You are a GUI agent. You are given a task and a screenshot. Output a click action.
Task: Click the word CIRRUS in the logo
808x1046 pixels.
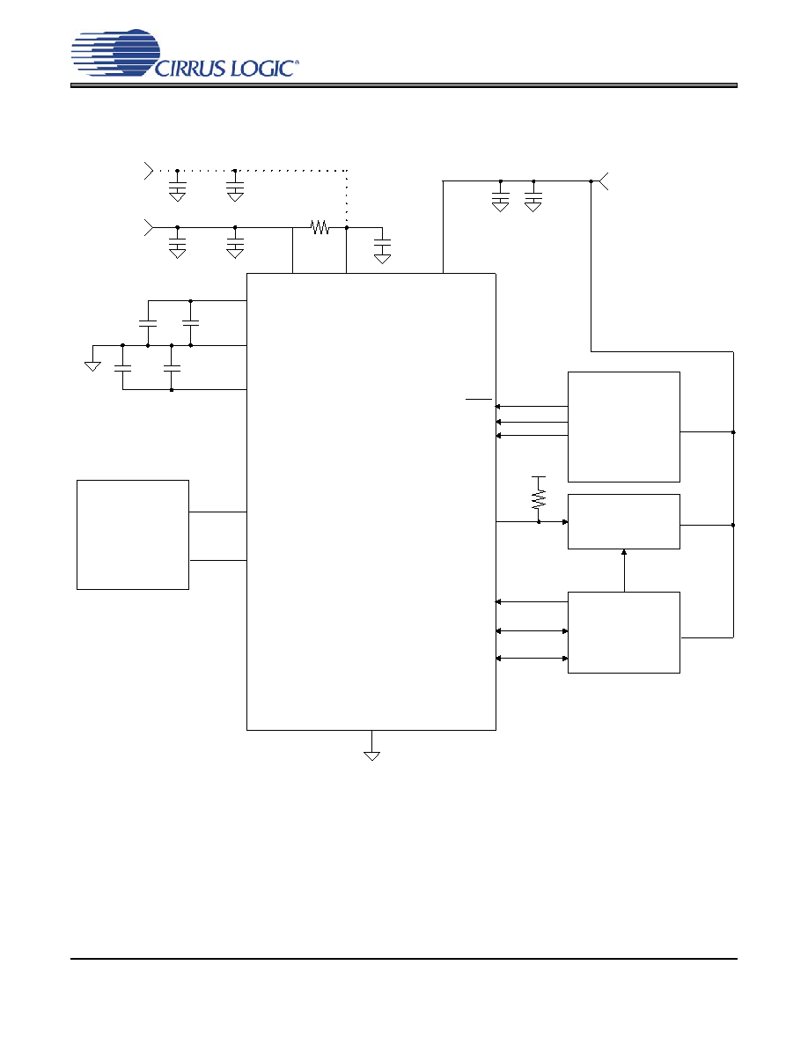click(191, 68)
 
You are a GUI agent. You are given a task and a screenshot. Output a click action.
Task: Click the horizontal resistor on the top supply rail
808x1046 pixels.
click(320, 227)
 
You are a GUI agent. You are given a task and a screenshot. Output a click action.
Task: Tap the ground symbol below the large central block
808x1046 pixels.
click(372, 755)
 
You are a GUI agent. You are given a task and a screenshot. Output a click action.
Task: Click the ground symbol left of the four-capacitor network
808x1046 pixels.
click(92, 365)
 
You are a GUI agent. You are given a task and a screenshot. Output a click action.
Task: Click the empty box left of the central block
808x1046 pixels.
click(133, 534)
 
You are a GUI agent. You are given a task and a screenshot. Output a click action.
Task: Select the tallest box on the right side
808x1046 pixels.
click(624, 427)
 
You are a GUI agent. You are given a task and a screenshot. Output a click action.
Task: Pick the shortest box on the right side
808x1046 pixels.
click(624, 521)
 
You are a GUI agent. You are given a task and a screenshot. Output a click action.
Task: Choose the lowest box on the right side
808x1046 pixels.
click(624, 632)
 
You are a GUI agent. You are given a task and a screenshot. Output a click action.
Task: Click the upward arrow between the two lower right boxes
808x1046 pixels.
click(624, 571)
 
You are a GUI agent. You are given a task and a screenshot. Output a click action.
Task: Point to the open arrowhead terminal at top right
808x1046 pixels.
click(603, 180)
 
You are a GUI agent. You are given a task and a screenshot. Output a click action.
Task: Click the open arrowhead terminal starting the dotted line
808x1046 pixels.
click(149, 171)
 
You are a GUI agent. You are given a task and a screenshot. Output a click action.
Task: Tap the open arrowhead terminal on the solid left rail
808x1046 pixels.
click(149, 227)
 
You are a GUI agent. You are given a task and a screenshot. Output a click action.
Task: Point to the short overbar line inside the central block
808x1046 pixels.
click(479, 399)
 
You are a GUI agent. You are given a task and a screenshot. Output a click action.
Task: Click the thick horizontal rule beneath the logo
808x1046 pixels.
click(404, 85)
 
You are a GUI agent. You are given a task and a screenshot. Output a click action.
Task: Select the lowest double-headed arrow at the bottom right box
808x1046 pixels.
click(532, 659)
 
